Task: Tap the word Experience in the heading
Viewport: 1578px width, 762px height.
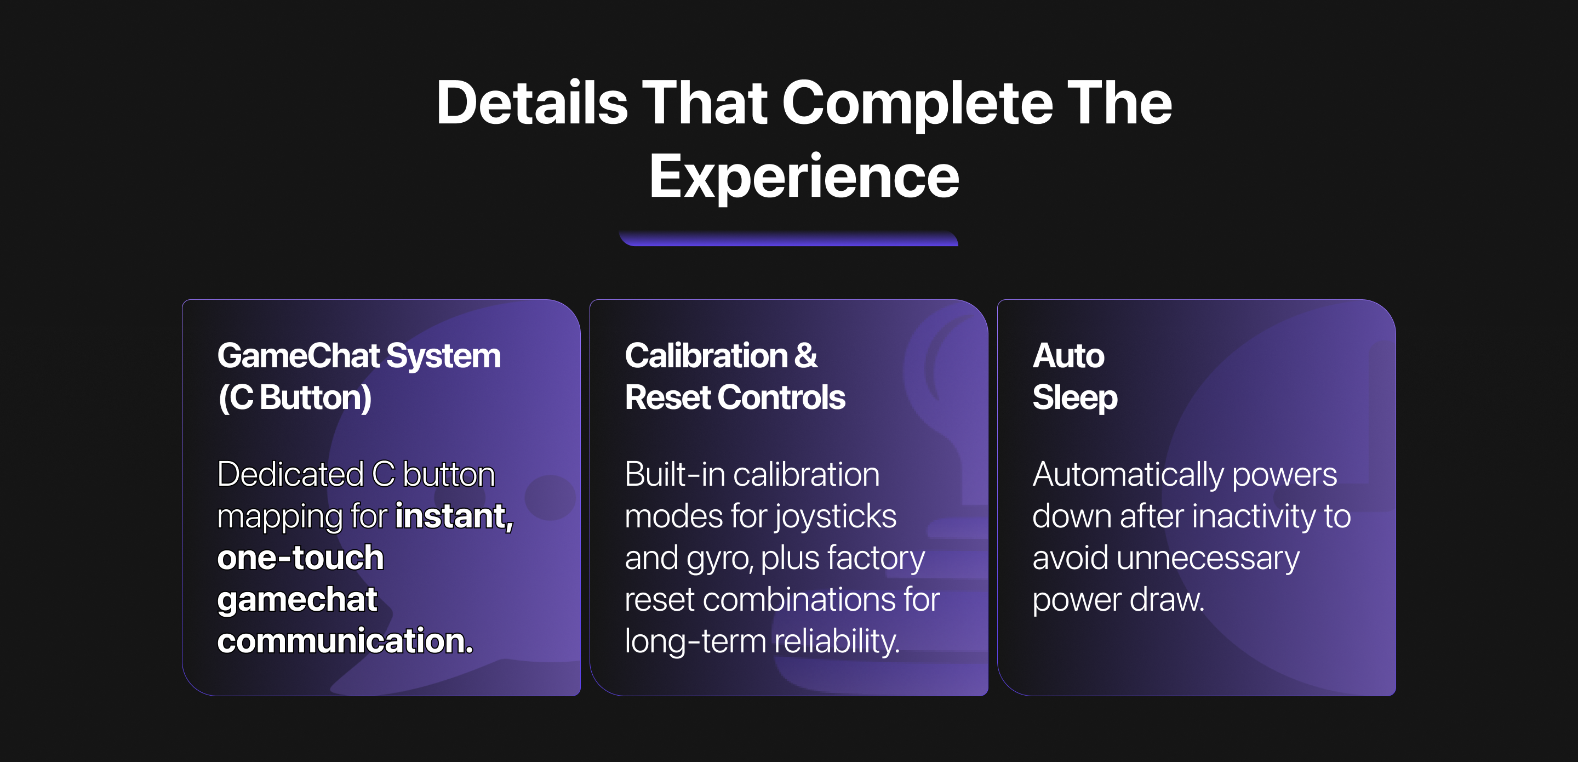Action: click(804, 177)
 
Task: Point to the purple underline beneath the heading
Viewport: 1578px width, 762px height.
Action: click(788, 238)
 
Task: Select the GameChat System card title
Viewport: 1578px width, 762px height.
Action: click(359, 356)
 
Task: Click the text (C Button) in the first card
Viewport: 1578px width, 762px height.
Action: click(295, 397)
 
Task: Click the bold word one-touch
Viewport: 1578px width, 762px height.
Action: click(300, 558)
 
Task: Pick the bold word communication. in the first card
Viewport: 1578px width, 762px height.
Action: click(345, 641)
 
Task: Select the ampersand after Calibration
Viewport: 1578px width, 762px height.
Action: click(805, 356)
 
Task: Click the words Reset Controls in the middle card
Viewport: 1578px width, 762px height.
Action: click(735, 397)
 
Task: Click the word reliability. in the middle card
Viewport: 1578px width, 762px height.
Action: click(837, 641)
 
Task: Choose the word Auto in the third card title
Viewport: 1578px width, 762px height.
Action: click(1068, 356)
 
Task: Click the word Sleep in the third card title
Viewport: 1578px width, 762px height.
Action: click(1075, 399)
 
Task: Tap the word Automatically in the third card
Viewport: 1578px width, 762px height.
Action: click(1128, 475)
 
